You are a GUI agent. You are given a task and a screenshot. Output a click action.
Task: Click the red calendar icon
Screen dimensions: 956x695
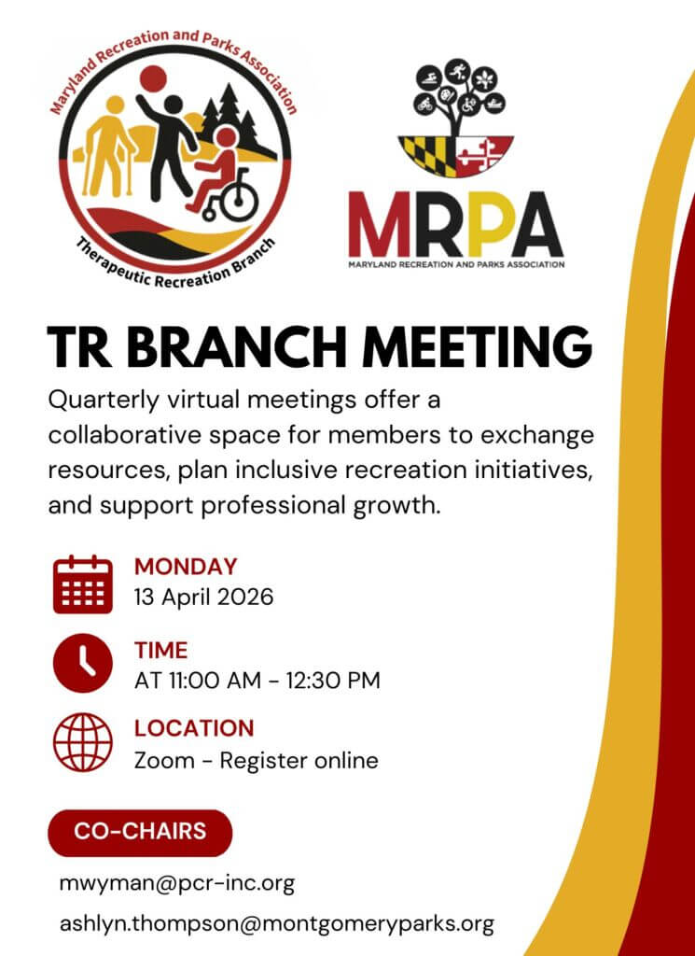pos(83,584)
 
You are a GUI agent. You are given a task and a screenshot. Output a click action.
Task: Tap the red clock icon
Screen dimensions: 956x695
pos(83,664)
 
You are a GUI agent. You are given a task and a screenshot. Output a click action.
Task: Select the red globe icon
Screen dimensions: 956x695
pos(83,743)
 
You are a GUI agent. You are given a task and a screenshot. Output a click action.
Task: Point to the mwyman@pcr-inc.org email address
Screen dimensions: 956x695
pos(177,882)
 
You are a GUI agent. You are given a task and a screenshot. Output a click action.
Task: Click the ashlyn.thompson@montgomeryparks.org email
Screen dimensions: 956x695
pos(276,923)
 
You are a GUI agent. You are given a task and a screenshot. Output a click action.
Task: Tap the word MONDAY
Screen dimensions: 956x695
pos(186,567)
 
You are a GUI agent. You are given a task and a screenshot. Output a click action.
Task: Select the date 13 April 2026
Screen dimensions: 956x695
pos(204,597)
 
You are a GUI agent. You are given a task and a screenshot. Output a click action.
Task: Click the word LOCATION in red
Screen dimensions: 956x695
pos(194,728)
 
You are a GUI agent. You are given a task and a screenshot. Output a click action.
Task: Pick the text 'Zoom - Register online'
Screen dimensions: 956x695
pos(257,760)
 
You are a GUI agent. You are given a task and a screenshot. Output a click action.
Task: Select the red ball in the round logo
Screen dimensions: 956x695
pos(153,78)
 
